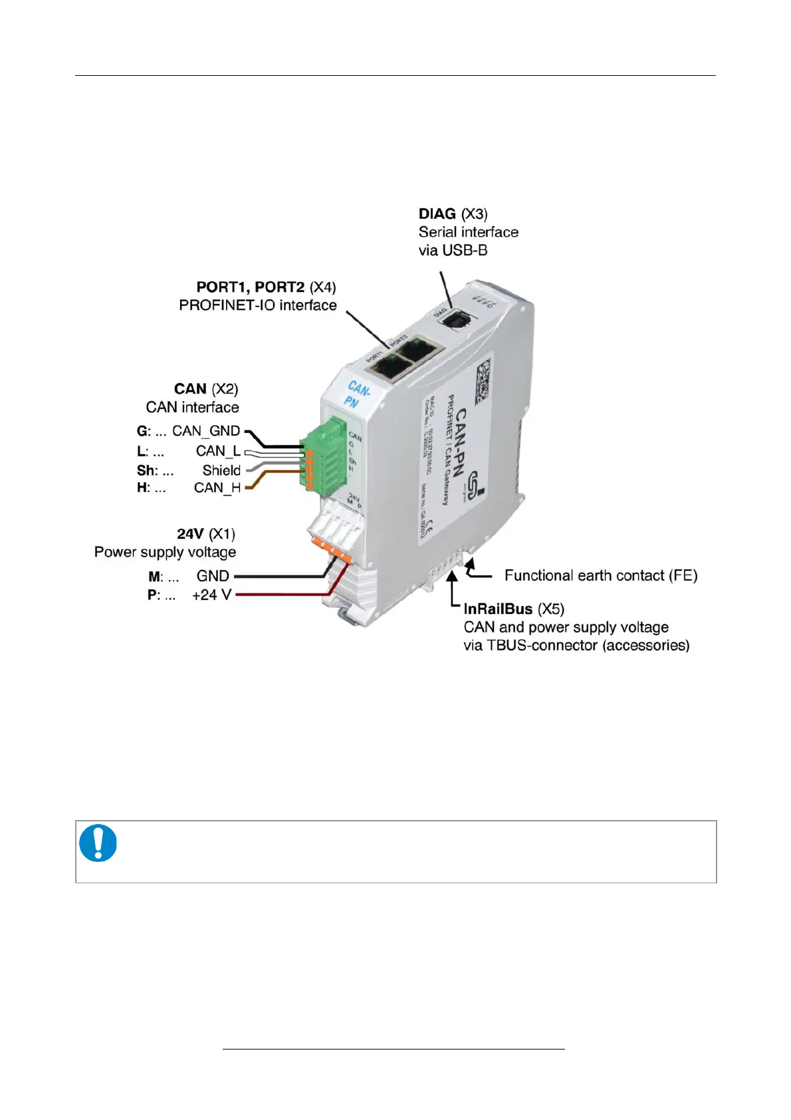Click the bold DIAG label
click(437, 214)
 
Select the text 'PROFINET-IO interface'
click(258, 305)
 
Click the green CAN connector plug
click(327, 456)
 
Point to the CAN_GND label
click(206, 431)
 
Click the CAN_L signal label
click(218, 451)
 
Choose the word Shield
click(221, 470)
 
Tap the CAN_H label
click(217, 488)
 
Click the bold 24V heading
click(190, 534)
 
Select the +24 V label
click(211, 595)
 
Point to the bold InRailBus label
click(498, 609)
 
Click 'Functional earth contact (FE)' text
click(601, 575)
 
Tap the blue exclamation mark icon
click(98, 843)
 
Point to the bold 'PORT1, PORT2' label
click(250, 287)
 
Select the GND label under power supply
click(213, 576)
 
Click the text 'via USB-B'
click(453, 251)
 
